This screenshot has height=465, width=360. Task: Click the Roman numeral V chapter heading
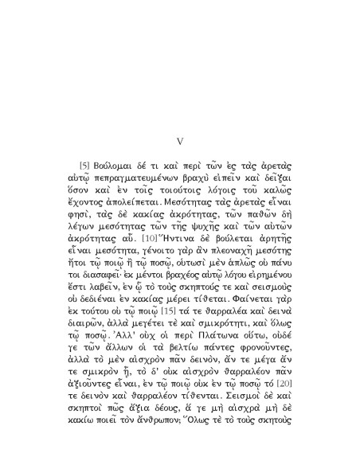(179, 141)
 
